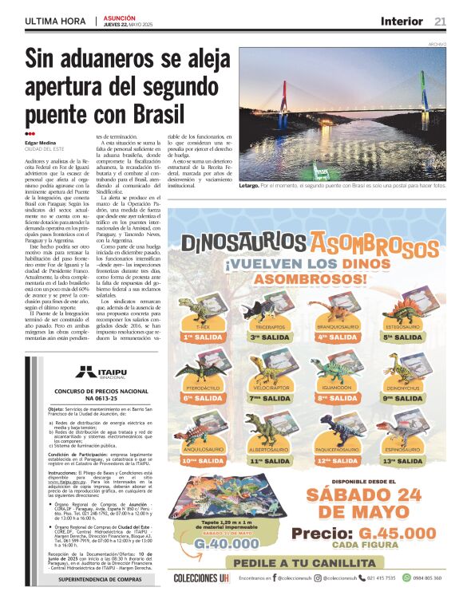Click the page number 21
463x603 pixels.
point(440,21)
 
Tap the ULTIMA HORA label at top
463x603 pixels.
point(53,21)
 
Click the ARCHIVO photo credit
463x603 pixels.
point(437,44)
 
